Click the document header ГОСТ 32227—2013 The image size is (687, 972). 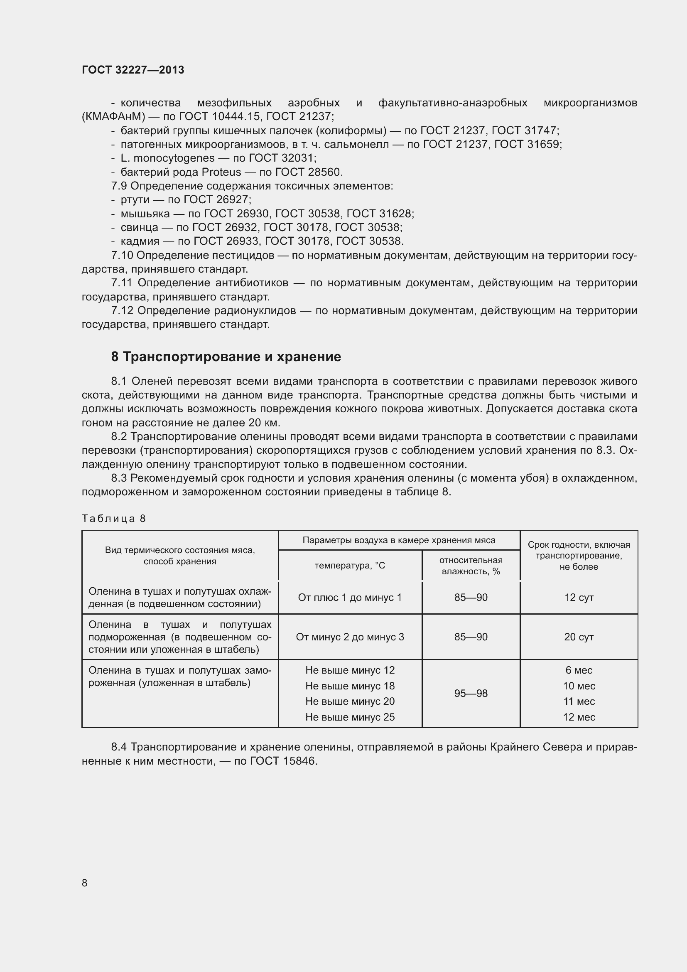click(x=133, y=70)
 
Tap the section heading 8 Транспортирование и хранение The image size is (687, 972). click(x=226, y=357)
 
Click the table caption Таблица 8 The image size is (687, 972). click(x=113, y=519)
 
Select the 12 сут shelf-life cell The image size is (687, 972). click(x=579, y=597)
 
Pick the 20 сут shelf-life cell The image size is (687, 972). click(x=579, y=637)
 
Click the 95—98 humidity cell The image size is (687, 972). click(x=471, y=694)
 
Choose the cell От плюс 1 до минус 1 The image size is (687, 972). click(x=350, y=597)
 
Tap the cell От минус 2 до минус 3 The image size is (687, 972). click(x=350, y=637)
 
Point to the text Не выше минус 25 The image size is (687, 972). click(x=350, y=717)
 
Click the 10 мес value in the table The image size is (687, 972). click(x=579, y=686)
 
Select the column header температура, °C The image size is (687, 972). click(x=350, y=566)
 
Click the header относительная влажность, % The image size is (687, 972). click(x=471, y=566)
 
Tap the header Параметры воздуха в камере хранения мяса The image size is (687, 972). click(x=399, y=540)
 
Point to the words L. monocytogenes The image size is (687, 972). click(x=167, y=158)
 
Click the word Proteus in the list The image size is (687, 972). click(x=221, y=172)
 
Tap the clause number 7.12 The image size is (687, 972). click(x=122, y=311)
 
